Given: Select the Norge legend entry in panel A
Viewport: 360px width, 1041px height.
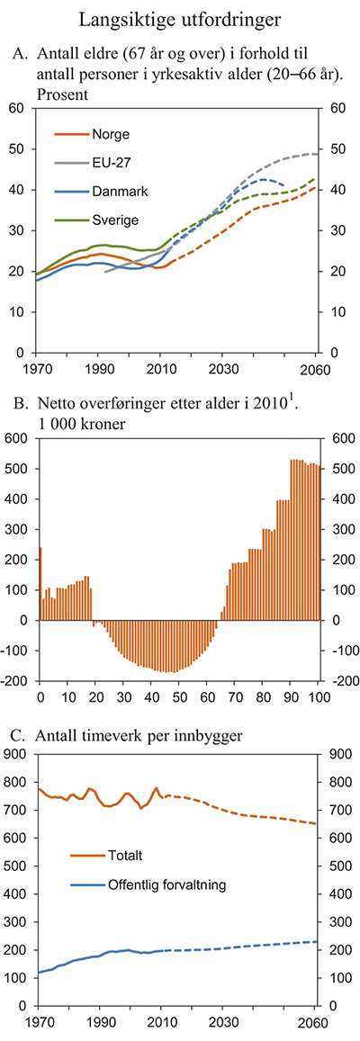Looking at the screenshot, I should coord(111,135).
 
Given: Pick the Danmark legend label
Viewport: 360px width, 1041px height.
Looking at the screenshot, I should coord(119,191).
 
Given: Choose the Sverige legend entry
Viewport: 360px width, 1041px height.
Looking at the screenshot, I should coord(116,219).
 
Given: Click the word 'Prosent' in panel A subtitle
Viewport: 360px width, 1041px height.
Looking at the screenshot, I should coord(63,92).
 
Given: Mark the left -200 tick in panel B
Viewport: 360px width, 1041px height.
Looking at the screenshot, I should coord(13,681).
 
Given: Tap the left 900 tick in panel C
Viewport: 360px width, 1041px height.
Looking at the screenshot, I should coord(14,755).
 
